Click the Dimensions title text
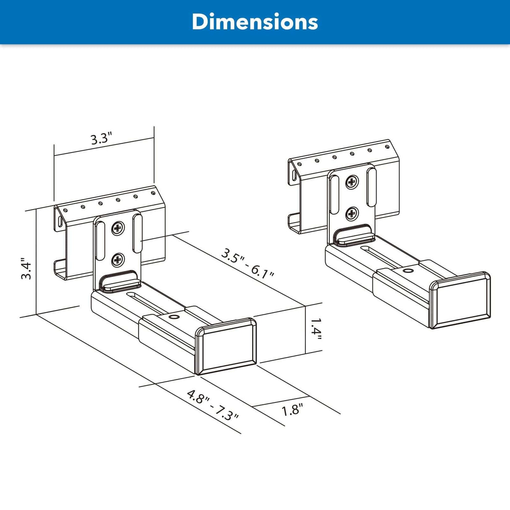coord(255,22)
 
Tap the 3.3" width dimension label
coord(102,139)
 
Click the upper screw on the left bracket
coord(118,229)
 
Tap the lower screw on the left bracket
coord(118,260)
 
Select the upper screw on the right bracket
coord(352,182)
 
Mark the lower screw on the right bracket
coord(352,214)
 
